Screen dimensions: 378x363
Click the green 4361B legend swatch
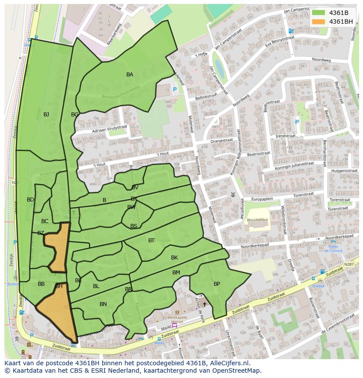tap(319, 13)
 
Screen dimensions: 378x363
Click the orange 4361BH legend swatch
tap(319, 22)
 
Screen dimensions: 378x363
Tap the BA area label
tap(130, 75)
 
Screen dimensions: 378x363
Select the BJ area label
tap(46, 115)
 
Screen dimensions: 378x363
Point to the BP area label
tap(217, 284)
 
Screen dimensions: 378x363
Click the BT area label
tap(151, 241)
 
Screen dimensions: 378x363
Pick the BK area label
tap(174, 258)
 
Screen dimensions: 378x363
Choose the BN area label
tap(103, 304)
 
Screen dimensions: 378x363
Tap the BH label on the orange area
tap(59, 286)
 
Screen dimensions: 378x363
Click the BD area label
tap(30, 200)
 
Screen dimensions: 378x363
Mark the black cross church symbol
tap(204, 304)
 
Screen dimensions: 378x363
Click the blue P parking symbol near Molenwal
tap(175, 90)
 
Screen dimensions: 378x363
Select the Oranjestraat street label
tap(222, 140)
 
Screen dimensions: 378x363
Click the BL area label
tap(96, 286)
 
